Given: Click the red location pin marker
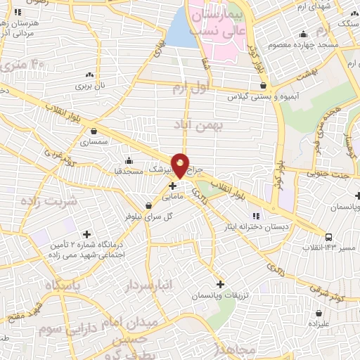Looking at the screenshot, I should click(181, 165).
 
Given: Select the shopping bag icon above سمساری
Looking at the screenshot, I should click(94, 130).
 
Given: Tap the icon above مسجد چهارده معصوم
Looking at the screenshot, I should click(303, 34).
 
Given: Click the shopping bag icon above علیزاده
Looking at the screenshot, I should click(320, 313).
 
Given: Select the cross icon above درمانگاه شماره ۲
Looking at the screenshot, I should click(86, 233).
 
